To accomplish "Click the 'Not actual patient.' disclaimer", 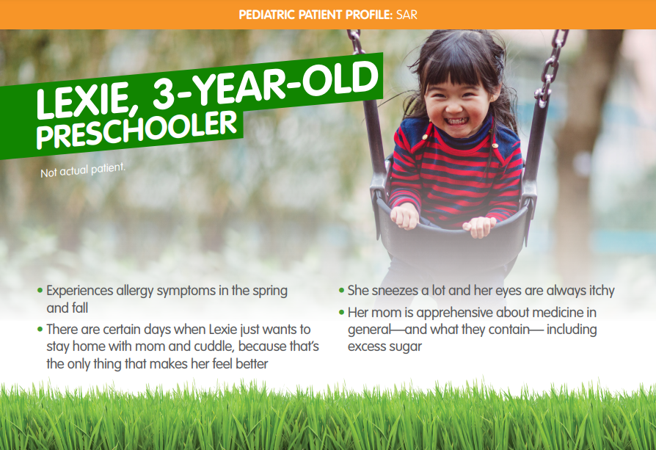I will [83, 169].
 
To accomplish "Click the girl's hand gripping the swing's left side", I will [404, 217].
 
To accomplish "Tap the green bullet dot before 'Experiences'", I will [40, 291].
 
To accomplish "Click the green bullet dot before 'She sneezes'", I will [341, 291].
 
